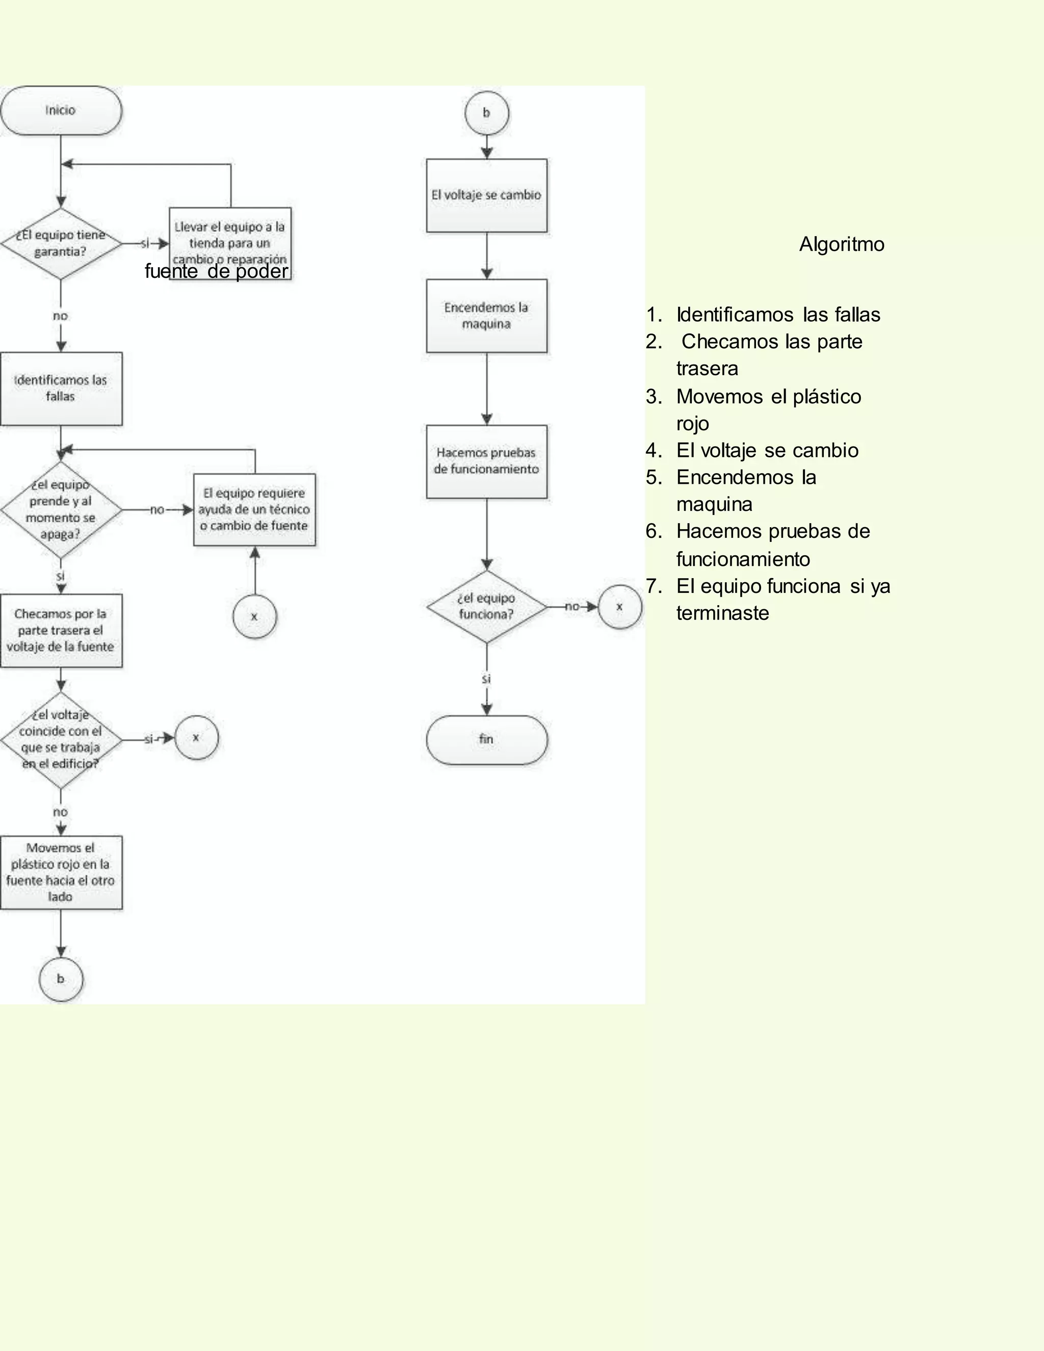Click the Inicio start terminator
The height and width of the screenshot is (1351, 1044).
(61, 111)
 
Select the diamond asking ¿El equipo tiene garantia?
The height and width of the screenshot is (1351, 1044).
(61, 244)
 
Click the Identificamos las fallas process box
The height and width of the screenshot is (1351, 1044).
(61, 388)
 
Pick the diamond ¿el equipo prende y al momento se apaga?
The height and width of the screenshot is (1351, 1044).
(61, 510)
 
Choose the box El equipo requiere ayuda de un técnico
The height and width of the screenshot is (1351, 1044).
(254, 510)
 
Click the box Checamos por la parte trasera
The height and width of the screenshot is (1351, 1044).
(61, 630)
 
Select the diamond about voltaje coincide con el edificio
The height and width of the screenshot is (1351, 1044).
(61, 739)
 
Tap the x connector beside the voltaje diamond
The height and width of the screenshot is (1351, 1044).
(196, 737)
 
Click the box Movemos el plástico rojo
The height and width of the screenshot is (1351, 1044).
(61, 872)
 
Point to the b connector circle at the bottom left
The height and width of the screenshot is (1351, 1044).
(61, 979)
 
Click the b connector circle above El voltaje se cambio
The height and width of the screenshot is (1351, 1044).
(486, 113)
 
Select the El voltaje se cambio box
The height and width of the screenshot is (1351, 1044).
(486, 195)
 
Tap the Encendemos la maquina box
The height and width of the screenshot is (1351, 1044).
(486, 316)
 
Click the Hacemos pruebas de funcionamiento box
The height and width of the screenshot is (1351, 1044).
(486, 461)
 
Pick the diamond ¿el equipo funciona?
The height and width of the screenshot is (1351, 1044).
(486, 607)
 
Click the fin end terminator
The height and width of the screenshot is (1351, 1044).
(486, 739)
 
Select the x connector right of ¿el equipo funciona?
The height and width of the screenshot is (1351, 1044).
(619, 607)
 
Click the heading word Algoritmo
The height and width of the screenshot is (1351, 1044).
(841, 244)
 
